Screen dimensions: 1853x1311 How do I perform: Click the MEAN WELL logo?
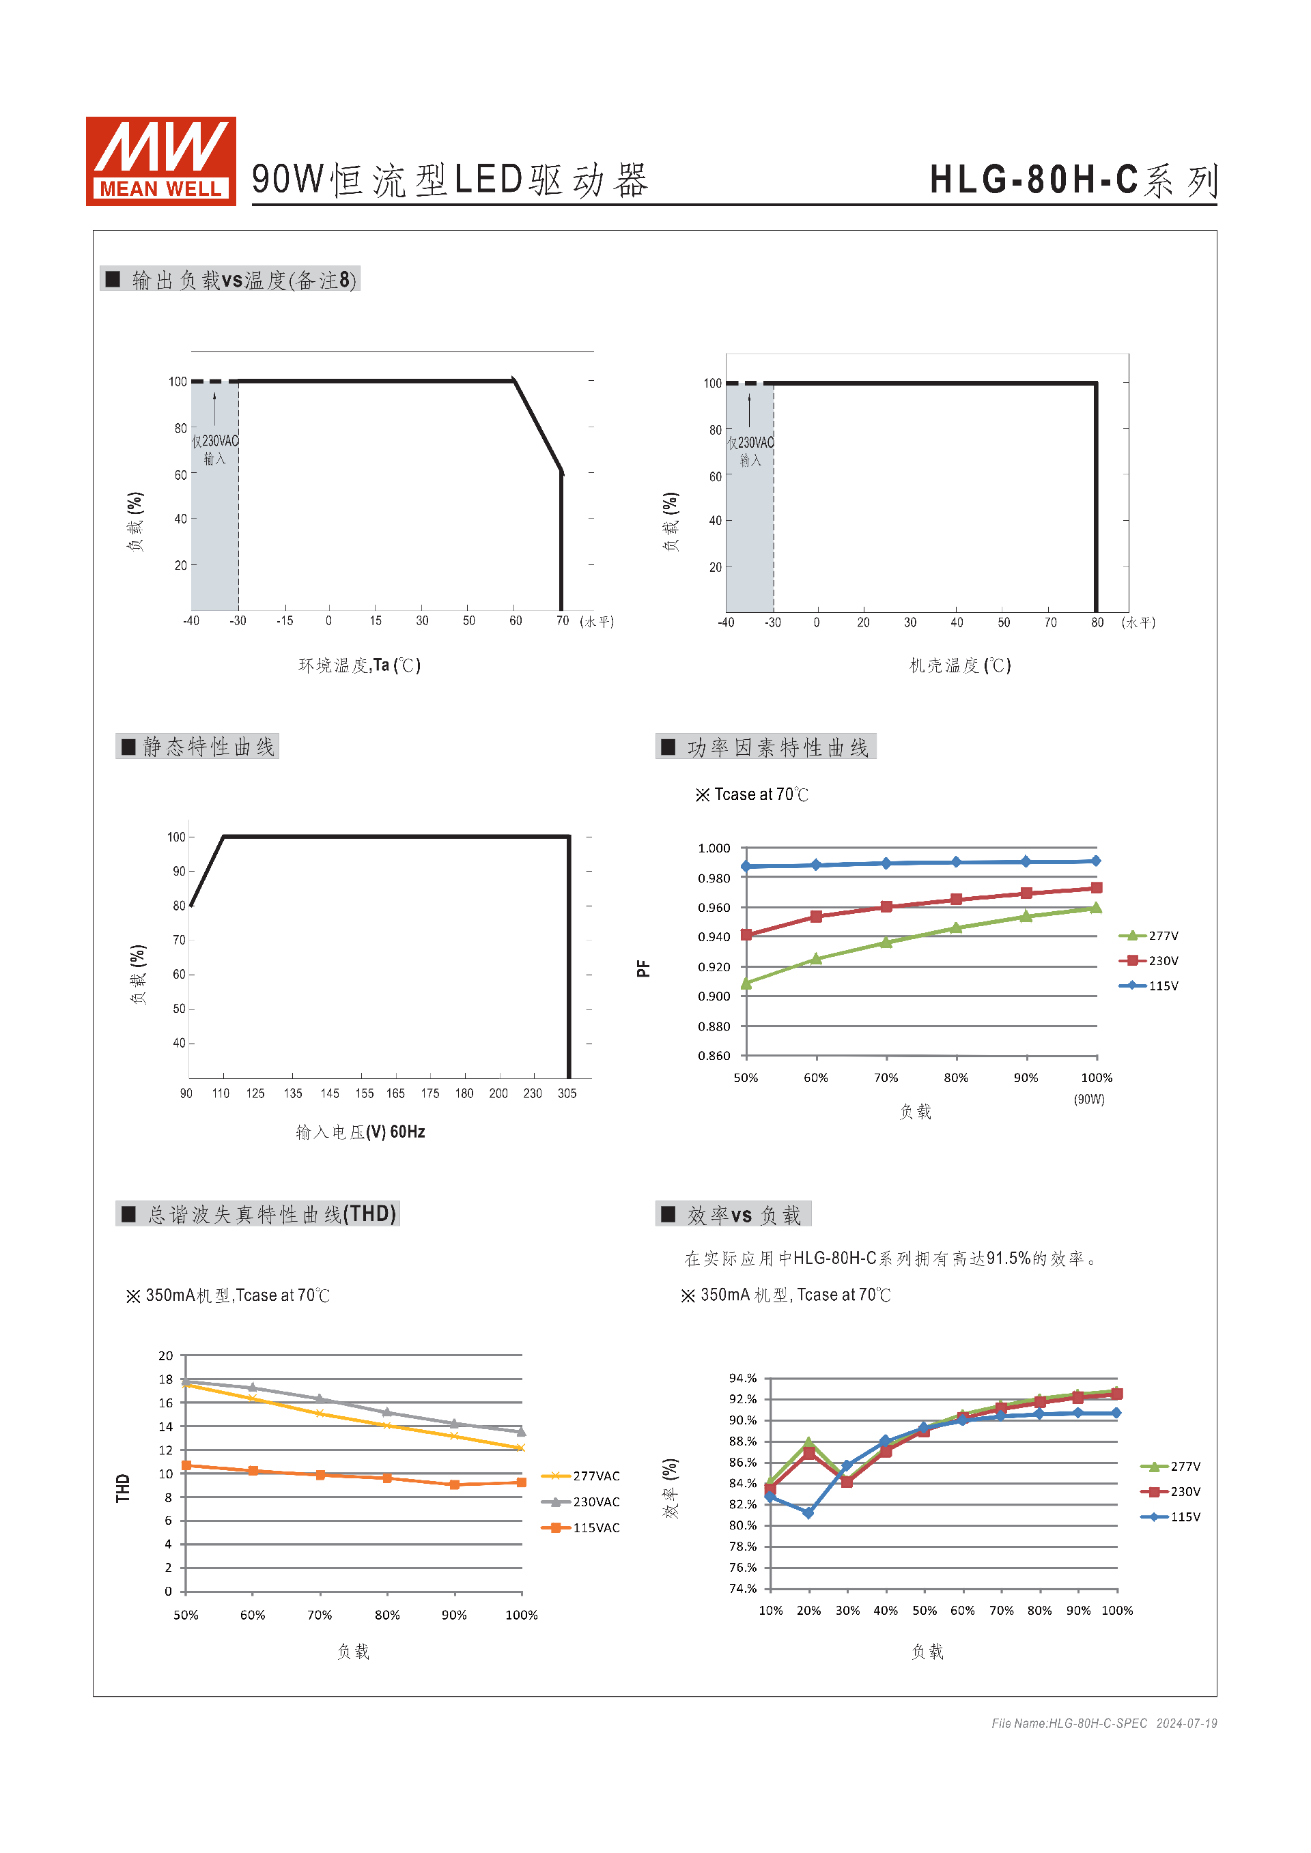coord(160,160)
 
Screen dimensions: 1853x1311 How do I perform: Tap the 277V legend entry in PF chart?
coord(1151,936)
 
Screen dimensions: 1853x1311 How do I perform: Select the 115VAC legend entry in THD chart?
coord(583,1527)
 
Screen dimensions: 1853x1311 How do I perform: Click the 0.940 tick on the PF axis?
coord(714,937)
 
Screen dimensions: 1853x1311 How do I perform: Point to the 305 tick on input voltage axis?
coord(567,1093)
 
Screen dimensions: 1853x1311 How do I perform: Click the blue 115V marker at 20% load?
coord(808,1513)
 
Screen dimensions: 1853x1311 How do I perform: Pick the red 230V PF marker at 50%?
coord(746,934)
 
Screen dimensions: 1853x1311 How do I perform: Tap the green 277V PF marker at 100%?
coord(1095,908)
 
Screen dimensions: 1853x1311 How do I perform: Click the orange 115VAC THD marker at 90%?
coord(455,1485)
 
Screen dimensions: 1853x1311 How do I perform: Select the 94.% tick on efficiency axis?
coord(743,1379)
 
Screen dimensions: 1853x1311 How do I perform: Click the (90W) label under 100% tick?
coord(1089,1100)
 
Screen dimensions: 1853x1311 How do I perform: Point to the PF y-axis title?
coord(643,968)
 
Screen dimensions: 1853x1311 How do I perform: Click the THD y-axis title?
coord(123,1489)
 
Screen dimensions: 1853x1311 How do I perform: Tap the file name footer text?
coord(1103,1723)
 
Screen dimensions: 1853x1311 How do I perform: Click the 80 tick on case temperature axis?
coord(1097,622)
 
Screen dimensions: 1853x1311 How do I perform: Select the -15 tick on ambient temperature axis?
coord(284,620)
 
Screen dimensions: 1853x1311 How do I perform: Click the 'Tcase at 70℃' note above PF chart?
coord(752,795)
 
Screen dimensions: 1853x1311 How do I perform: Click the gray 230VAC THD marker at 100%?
coord(521,1432)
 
